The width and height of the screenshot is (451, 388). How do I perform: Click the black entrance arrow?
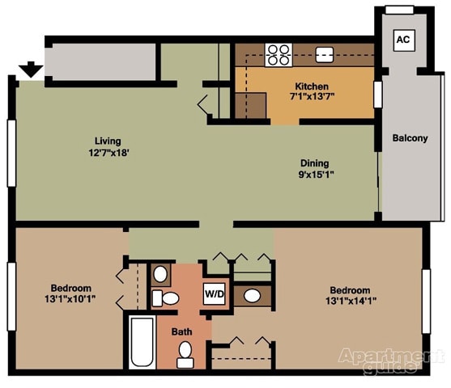coord(32,70)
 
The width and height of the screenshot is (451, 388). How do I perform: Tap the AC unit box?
coord(402,39)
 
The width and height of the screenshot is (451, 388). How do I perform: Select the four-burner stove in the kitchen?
coord(279,54)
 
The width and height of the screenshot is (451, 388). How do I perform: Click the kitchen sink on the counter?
coord(325,55)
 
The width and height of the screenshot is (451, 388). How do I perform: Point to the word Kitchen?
coord(312,86)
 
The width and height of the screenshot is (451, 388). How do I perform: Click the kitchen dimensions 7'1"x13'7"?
coord(312,98)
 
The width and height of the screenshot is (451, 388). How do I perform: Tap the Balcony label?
coord(410,137)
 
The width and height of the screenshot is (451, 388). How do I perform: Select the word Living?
coord(108,139)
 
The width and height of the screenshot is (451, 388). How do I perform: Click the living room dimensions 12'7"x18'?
coord(108,151)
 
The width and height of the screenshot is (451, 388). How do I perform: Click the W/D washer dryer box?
coord(215,293)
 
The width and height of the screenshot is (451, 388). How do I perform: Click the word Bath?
coord(181,331)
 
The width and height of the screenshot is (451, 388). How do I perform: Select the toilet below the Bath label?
coord(185,352)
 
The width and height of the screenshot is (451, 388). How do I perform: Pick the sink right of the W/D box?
coord(253,295)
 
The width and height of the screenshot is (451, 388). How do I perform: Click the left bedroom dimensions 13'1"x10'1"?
coord(70,300)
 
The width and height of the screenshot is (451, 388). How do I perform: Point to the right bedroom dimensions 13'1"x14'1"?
coord(349,302)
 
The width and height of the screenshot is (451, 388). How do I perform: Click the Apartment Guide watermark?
coord(391,360)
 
